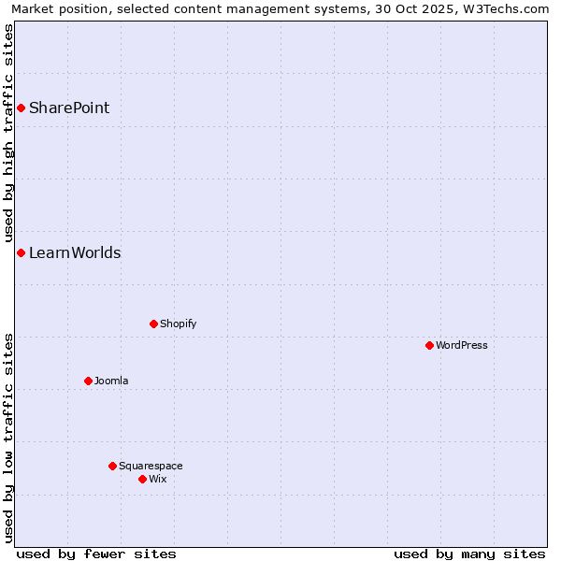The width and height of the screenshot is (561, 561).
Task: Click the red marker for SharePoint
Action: coord(21,108)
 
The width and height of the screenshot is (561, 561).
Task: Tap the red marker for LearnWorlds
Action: coord(21,252)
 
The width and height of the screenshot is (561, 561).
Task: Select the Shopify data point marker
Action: coord(153,324)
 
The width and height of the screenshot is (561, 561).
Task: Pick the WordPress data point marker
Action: coord(429,345)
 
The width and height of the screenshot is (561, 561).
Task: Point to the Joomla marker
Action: coord(88,381)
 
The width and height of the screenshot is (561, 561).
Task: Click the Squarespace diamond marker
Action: coord(112,466)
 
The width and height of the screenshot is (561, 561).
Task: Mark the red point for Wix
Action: coord(142,479)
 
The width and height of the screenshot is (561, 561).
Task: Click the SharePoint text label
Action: coord(69,108)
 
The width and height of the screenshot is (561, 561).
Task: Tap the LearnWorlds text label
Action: coord(75,252)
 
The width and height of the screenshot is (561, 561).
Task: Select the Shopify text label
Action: coord(178,324)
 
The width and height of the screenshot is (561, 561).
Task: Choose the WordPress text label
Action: coord(461,345)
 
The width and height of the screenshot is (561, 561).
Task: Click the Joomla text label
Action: coord(111,381)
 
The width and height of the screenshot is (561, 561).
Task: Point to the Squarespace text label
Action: coord(151,466)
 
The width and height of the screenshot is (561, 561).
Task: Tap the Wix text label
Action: coord(158,479)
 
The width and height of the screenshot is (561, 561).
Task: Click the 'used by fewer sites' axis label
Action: coord(96,554)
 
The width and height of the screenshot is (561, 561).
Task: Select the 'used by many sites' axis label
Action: coord(469,554)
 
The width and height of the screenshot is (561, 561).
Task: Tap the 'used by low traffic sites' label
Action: coord(8,437)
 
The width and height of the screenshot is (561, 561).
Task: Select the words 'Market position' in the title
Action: coord(62,8)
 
